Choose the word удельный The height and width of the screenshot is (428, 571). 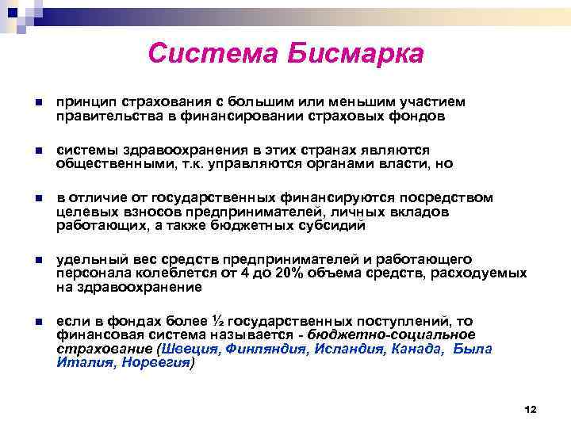point(85,259)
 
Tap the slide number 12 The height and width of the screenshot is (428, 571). point(531,409)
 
